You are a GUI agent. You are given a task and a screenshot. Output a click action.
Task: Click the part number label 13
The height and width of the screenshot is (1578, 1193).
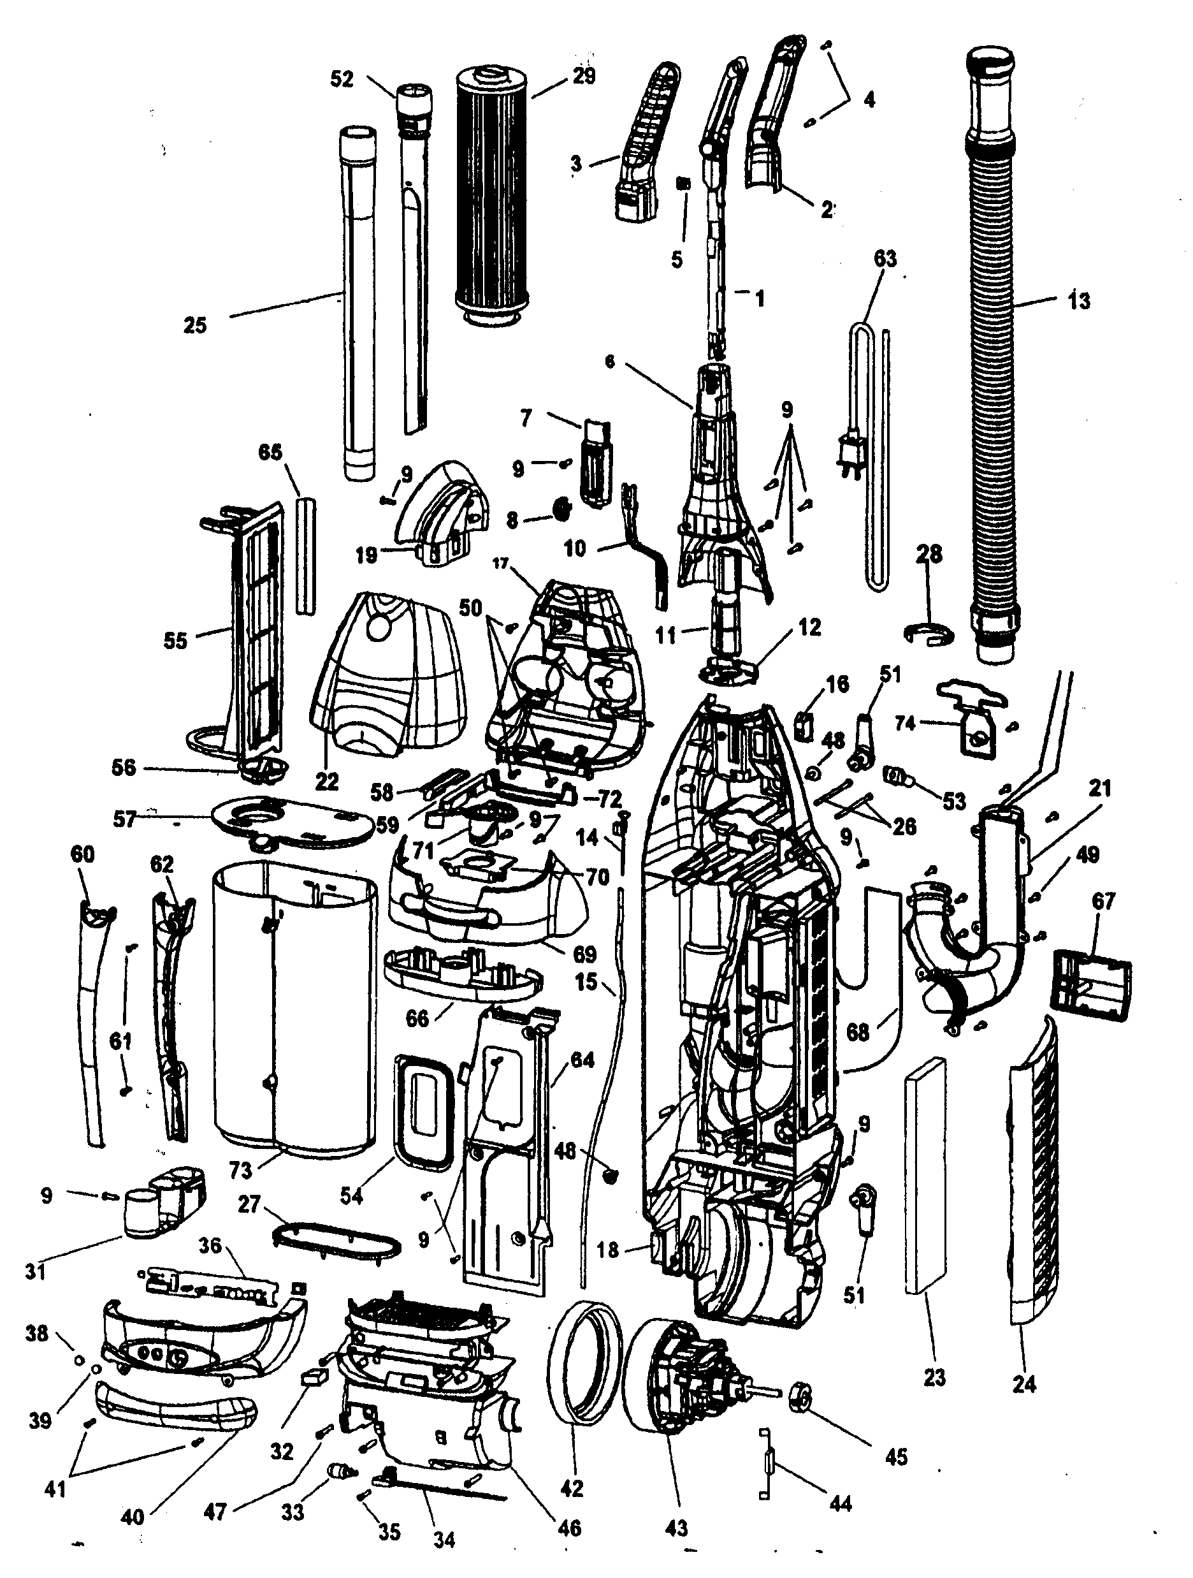click(x=1078, y=301)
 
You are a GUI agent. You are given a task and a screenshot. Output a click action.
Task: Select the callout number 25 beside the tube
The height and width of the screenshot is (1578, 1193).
click(x=194, y=325)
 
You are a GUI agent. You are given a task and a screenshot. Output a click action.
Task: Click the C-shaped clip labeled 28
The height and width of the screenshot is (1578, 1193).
click(x=929, y=632)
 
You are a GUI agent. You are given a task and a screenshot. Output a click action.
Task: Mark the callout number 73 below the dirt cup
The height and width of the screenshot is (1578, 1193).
click(x=241, y=1170)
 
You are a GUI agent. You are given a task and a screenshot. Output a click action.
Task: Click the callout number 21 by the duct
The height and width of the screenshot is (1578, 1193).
click(x=1099, y=788)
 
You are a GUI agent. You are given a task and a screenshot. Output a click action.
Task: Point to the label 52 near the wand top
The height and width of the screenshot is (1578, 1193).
click(x=342, y=78)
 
